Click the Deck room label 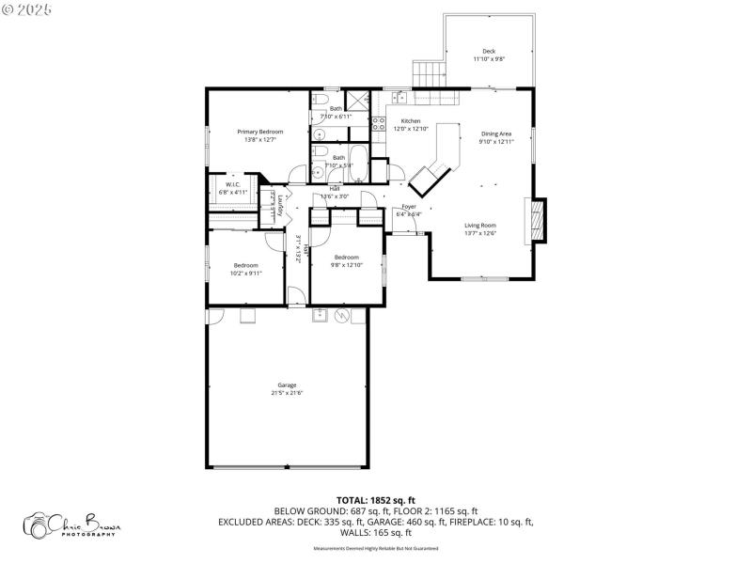(x=489, y=52)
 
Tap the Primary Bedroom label (x=259, y=132)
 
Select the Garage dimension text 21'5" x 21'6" (x=288, y=392)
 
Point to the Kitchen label (x=411, y=121)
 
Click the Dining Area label (x=496, y=134)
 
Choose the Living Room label (x=480, y=225)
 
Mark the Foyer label (x=409, y=206)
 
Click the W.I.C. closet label (x=232, y=184)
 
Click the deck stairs (x=427, y=72)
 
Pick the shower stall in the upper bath (x=357, y=100)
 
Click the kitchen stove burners (x=379, y=128)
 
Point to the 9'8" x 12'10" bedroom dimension (x=346, y=264)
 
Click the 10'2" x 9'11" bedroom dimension (x=246, y=273)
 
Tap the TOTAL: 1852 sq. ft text (x=375, y=499)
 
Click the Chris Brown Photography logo (x=70, y=524)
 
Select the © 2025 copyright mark (x=28, y=8)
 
